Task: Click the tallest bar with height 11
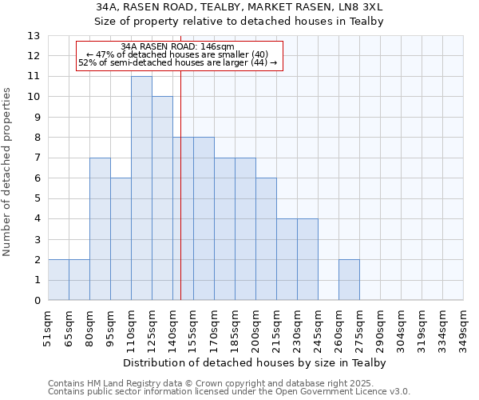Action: tap(141, 188)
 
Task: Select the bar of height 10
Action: tap(162, 198)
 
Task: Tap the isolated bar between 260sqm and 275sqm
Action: tap(349, 280)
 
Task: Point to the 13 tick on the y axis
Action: tap(33, 36)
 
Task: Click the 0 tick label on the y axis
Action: tap(36, 301)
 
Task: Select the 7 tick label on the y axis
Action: tap(36, 158)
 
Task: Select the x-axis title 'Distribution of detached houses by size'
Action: tap(255, 363)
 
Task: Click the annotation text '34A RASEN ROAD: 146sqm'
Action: tap(178, 47)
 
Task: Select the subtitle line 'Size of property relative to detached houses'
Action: tap(239, 22)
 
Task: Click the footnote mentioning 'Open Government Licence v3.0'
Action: tap(229, 392)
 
